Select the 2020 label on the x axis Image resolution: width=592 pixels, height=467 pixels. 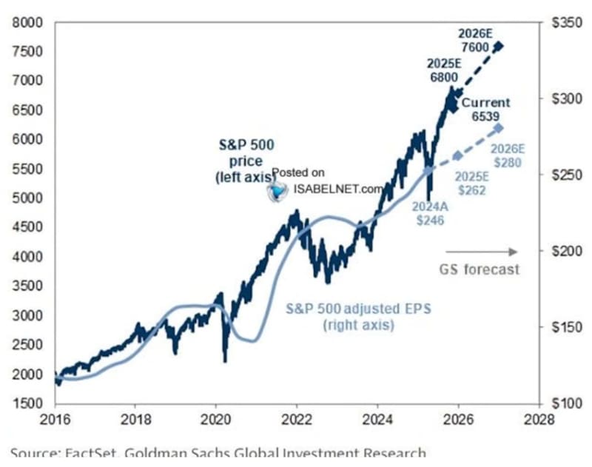point(215,418)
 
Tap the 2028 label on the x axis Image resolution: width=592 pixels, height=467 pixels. point(539,418)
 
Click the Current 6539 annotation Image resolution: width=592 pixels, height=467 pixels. point(486,110)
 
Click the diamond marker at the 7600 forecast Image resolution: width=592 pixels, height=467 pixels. point(499,46)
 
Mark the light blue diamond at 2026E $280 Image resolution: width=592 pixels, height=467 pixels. point(499,128)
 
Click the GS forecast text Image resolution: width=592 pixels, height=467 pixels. point(480,269)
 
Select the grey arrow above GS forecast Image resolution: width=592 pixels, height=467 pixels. point(481,252)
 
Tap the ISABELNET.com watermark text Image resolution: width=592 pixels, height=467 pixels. point(338,189)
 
